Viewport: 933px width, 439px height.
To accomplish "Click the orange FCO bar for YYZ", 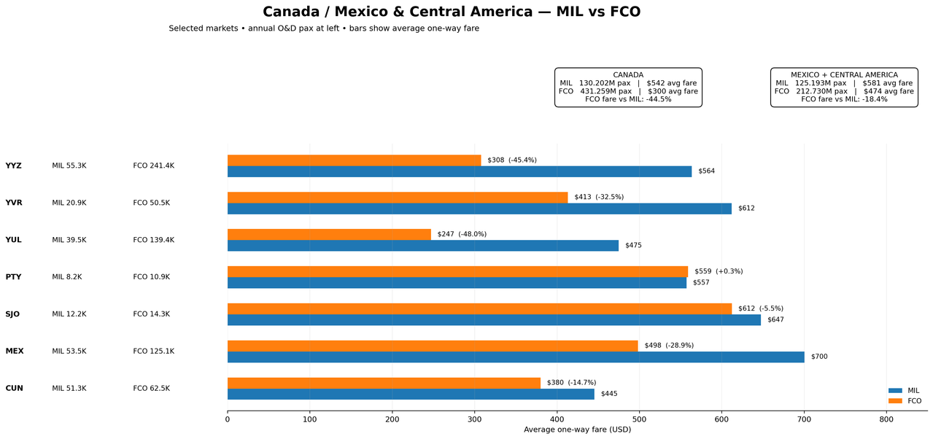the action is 354,160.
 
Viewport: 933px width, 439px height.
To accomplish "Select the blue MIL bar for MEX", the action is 516,357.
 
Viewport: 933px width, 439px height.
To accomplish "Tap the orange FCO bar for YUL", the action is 329,235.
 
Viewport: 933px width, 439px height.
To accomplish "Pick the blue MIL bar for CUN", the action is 411,394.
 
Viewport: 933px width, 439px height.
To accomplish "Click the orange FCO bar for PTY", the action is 458,271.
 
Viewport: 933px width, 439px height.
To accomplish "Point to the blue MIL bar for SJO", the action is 494,320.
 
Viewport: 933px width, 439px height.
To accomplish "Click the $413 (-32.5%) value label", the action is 599,197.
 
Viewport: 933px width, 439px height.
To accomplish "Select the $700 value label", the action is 819,357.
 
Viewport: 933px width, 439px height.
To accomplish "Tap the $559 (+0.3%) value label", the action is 719,271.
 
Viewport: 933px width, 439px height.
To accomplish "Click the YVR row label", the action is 14,203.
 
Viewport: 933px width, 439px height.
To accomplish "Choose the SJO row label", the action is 12,314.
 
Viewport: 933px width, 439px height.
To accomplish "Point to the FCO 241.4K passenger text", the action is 154,166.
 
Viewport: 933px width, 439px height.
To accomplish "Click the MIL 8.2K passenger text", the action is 67,277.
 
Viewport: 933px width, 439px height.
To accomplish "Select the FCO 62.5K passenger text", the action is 152,388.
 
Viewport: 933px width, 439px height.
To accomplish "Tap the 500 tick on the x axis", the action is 639,420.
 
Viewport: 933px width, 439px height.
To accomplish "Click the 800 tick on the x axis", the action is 886,420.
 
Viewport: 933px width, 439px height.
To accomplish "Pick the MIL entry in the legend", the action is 904,391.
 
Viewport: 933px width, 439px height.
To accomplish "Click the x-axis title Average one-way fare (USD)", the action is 577,430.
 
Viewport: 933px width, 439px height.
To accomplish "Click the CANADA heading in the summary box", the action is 628,75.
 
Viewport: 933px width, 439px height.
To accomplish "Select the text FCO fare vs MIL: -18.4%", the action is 844,99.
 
